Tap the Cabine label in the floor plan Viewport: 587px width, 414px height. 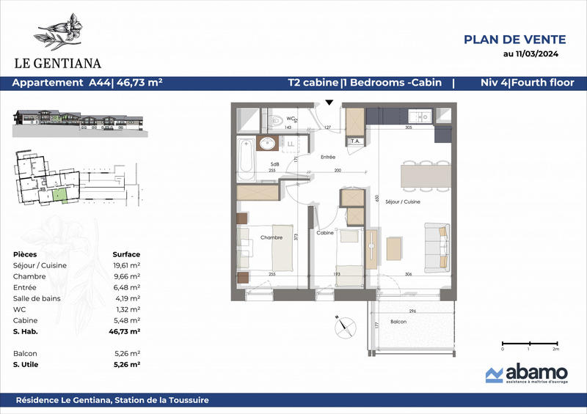325,233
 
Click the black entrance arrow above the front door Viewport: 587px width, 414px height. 329,103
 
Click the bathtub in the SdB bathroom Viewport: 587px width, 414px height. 247,158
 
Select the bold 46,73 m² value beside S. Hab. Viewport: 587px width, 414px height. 126,331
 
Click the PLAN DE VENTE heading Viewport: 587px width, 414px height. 514,40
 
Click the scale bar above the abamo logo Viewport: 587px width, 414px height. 528,343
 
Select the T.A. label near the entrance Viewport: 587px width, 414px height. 354,141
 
